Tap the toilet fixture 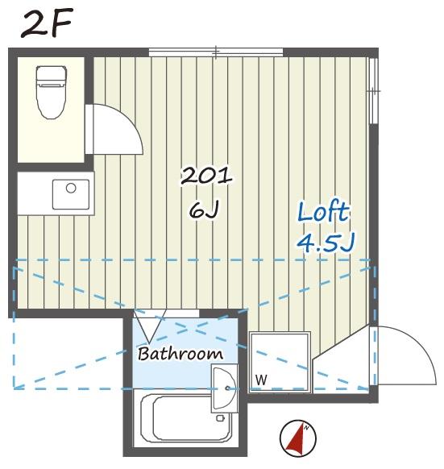coord(51,92)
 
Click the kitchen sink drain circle coord(71,188)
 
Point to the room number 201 coord(206,176)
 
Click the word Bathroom coord(181,354)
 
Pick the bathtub coord(186,417)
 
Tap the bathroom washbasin coord(224,388)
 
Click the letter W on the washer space coord(261,380)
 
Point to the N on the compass coord(306,428)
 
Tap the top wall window coord(216,52)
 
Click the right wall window coord(374,90)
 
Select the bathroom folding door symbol coord(150,326)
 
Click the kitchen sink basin coord(71,194)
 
